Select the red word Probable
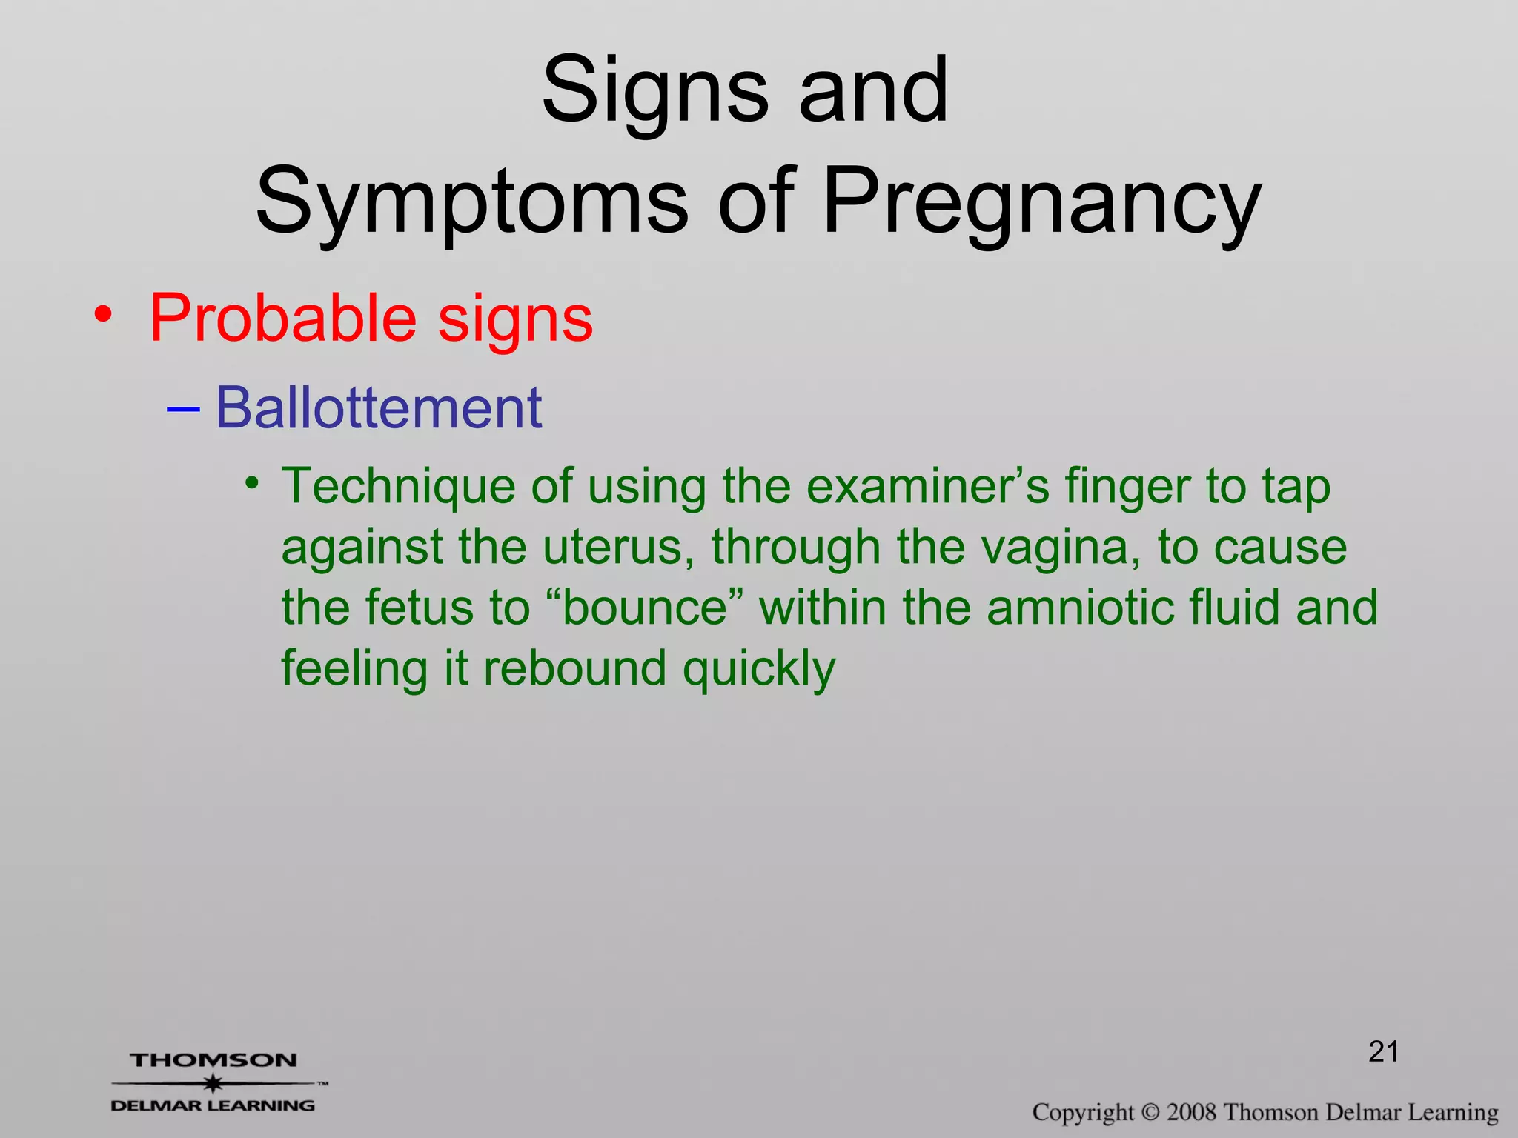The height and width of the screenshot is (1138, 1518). [x=282, y=318]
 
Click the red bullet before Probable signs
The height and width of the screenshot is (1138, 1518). [x=103, y=316]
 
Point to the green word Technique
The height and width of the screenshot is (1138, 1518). [x=400, y=487]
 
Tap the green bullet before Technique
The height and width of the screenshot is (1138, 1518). [x=253, y=484]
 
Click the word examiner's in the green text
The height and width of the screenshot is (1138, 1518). [x=927, y=487]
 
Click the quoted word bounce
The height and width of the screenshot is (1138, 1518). [x=644, y=608]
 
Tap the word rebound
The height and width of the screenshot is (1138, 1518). [x=574, y=668]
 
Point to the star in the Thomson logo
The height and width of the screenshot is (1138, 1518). [x=213, y=1083]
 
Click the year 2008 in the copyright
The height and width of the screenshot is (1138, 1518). [x=1192, y=1113]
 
